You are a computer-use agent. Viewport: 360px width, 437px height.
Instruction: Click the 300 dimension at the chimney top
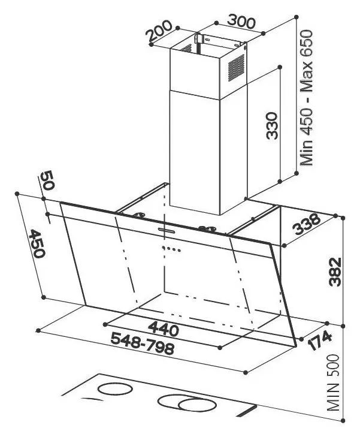click(241, 22)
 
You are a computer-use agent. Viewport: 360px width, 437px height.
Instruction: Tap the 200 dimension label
click(159, 31)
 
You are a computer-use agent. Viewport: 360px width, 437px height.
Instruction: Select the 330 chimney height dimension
click(272, 125)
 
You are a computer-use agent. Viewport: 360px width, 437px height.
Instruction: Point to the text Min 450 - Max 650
click(307, 98)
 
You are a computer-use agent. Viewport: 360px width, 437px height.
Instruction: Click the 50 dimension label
click(47, 180)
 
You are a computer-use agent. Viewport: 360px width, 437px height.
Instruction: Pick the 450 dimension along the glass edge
click(37, 243)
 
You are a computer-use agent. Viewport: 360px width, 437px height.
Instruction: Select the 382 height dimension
click(334, 272)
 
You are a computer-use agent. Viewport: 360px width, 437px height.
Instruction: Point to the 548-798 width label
click(143, 344)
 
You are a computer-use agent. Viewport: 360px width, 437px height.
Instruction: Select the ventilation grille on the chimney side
click(236, 68)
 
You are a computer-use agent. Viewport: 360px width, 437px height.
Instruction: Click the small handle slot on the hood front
click(167, 230)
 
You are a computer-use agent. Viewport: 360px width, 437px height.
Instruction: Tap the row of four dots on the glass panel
click(171, 249)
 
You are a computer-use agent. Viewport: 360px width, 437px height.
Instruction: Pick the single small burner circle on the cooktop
click(115, 389)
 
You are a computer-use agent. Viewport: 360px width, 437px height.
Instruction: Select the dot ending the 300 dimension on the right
click(264, 34)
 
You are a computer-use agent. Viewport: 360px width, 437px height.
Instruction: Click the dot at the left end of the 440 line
click(105, 324)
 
